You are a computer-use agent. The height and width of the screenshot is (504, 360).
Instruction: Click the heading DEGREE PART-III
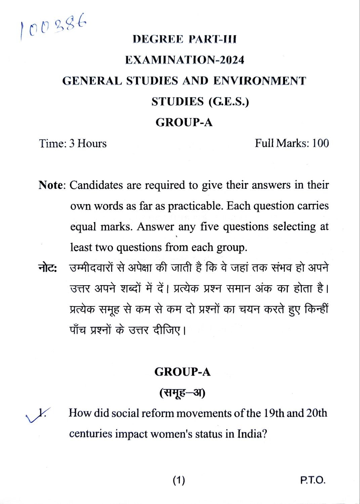(185, 39)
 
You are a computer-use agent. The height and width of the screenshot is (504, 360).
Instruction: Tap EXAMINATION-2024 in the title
(185, 60)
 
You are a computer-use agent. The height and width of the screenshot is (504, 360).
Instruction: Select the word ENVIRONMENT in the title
(259, 81)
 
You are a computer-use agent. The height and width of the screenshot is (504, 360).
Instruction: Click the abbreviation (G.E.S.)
(229, 101)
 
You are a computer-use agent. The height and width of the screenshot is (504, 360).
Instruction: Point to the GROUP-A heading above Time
(184, 122)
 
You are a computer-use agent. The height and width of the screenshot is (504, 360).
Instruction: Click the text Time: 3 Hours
(73, 143)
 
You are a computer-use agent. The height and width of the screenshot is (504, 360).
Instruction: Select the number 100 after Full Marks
(320, 143)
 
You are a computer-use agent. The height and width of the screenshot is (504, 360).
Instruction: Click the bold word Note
(51, 185)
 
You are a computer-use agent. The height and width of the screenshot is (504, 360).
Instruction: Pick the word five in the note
(210, 227)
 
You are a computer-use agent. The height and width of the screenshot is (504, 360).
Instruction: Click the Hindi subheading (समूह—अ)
(182, 392)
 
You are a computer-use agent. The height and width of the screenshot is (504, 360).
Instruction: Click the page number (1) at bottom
(179, 480)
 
